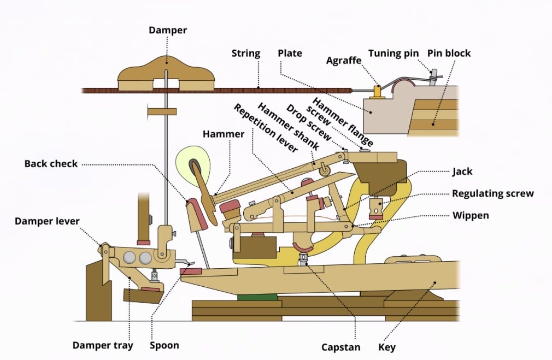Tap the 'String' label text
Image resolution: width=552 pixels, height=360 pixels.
(245, 54)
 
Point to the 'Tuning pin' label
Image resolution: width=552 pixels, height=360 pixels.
(393, 54)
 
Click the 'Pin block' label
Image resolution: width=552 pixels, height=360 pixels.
(450, 54)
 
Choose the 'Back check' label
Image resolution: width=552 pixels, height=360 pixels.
(51, 163)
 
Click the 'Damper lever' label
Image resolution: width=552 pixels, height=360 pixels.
(47, 221)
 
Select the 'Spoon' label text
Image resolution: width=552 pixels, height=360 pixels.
(164, 345)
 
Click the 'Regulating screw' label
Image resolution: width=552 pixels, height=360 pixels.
(492, 193)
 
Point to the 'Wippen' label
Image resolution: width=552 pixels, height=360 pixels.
(471, 215)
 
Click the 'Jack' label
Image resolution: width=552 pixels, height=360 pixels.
(462, 172)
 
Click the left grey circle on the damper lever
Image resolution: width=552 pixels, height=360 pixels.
(130, 258)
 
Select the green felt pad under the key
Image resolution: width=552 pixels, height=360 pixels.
(257, 298)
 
